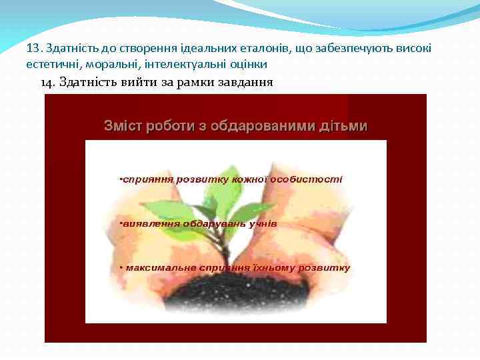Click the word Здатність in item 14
point(83,83)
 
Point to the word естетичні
point(49,65)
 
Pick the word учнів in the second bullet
point(262,223)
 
